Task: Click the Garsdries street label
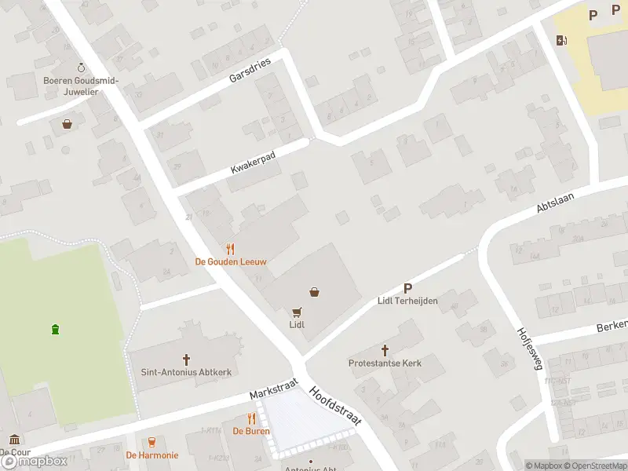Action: pyautogui.click(x=250, y=70)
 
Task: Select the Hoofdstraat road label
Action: pyautogui.click(x=335, y=406)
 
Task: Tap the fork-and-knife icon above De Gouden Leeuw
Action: pyautogui.click(x=231, y=247)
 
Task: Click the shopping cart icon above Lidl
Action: pyautogui.click(x=297, y=311)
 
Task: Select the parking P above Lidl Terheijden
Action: pyautogui.click(x=407, y=288)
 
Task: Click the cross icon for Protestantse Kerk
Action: pyautogui.click(x=385, y=350)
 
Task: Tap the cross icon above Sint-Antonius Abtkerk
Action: pyautogui.click(x=187, y=360)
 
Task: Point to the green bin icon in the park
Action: pyautogui.click(x=55, y=329)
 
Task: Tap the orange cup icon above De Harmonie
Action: pyautogui.click(x=152, y=442)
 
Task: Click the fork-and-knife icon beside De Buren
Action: pyautogui.click(x=251, y=418)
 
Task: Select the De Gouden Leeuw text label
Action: pyautogui.click(x=232, y=261)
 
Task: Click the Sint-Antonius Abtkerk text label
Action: pyautogui.click(x=186, y=373)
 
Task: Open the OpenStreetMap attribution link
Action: pyautogui.click(x=597, y=466)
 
